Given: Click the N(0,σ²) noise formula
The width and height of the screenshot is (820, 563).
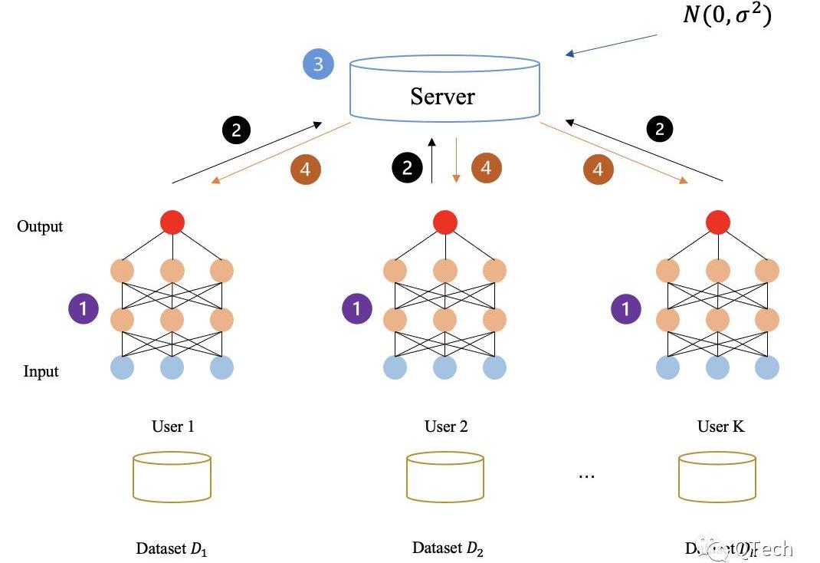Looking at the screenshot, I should pos(726,15).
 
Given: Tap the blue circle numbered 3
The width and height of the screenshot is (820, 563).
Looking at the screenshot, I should pos(318,64).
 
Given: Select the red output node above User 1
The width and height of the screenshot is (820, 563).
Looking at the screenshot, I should pos(172,222).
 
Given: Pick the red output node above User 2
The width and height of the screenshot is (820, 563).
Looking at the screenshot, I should pos(445,222).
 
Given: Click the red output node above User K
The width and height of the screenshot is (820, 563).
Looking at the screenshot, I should pos(718,222).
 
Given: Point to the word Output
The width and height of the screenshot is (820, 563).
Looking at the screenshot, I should pos(40,227).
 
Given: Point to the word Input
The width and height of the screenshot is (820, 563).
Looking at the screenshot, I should pos(41,372).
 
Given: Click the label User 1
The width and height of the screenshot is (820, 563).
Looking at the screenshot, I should pos(172,426).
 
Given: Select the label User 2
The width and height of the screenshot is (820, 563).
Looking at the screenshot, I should pos(446,426).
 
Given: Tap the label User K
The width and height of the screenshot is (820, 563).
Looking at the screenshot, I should pos(720,426).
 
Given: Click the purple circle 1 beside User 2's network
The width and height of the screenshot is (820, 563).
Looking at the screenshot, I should pos(356,309).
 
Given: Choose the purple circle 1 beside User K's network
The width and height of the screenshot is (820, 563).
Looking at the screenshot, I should pos(626,309).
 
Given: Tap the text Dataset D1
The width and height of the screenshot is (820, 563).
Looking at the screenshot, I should pos(172,548).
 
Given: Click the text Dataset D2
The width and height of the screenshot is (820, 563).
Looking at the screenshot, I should pos(448,548).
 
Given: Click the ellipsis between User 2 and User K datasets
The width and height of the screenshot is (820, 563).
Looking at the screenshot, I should pos(586,476).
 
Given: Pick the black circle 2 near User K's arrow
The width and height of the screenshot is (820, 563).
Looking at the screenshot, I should pos(660,129).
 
